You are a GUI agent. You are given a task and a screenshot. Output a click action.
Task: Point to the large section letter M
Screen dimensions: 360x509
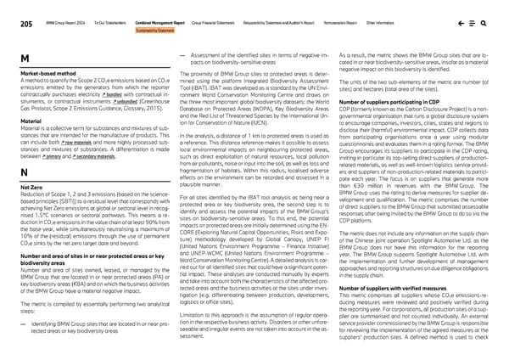pos(24,58)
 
